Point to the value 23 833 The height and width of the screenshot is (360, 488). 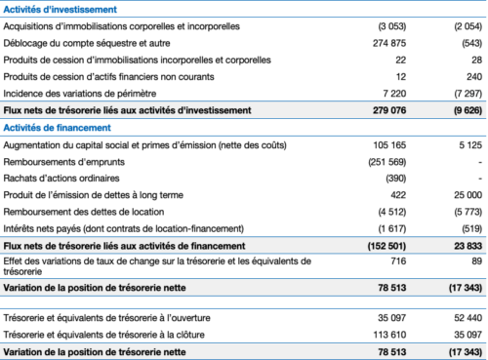click(467, 246)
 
